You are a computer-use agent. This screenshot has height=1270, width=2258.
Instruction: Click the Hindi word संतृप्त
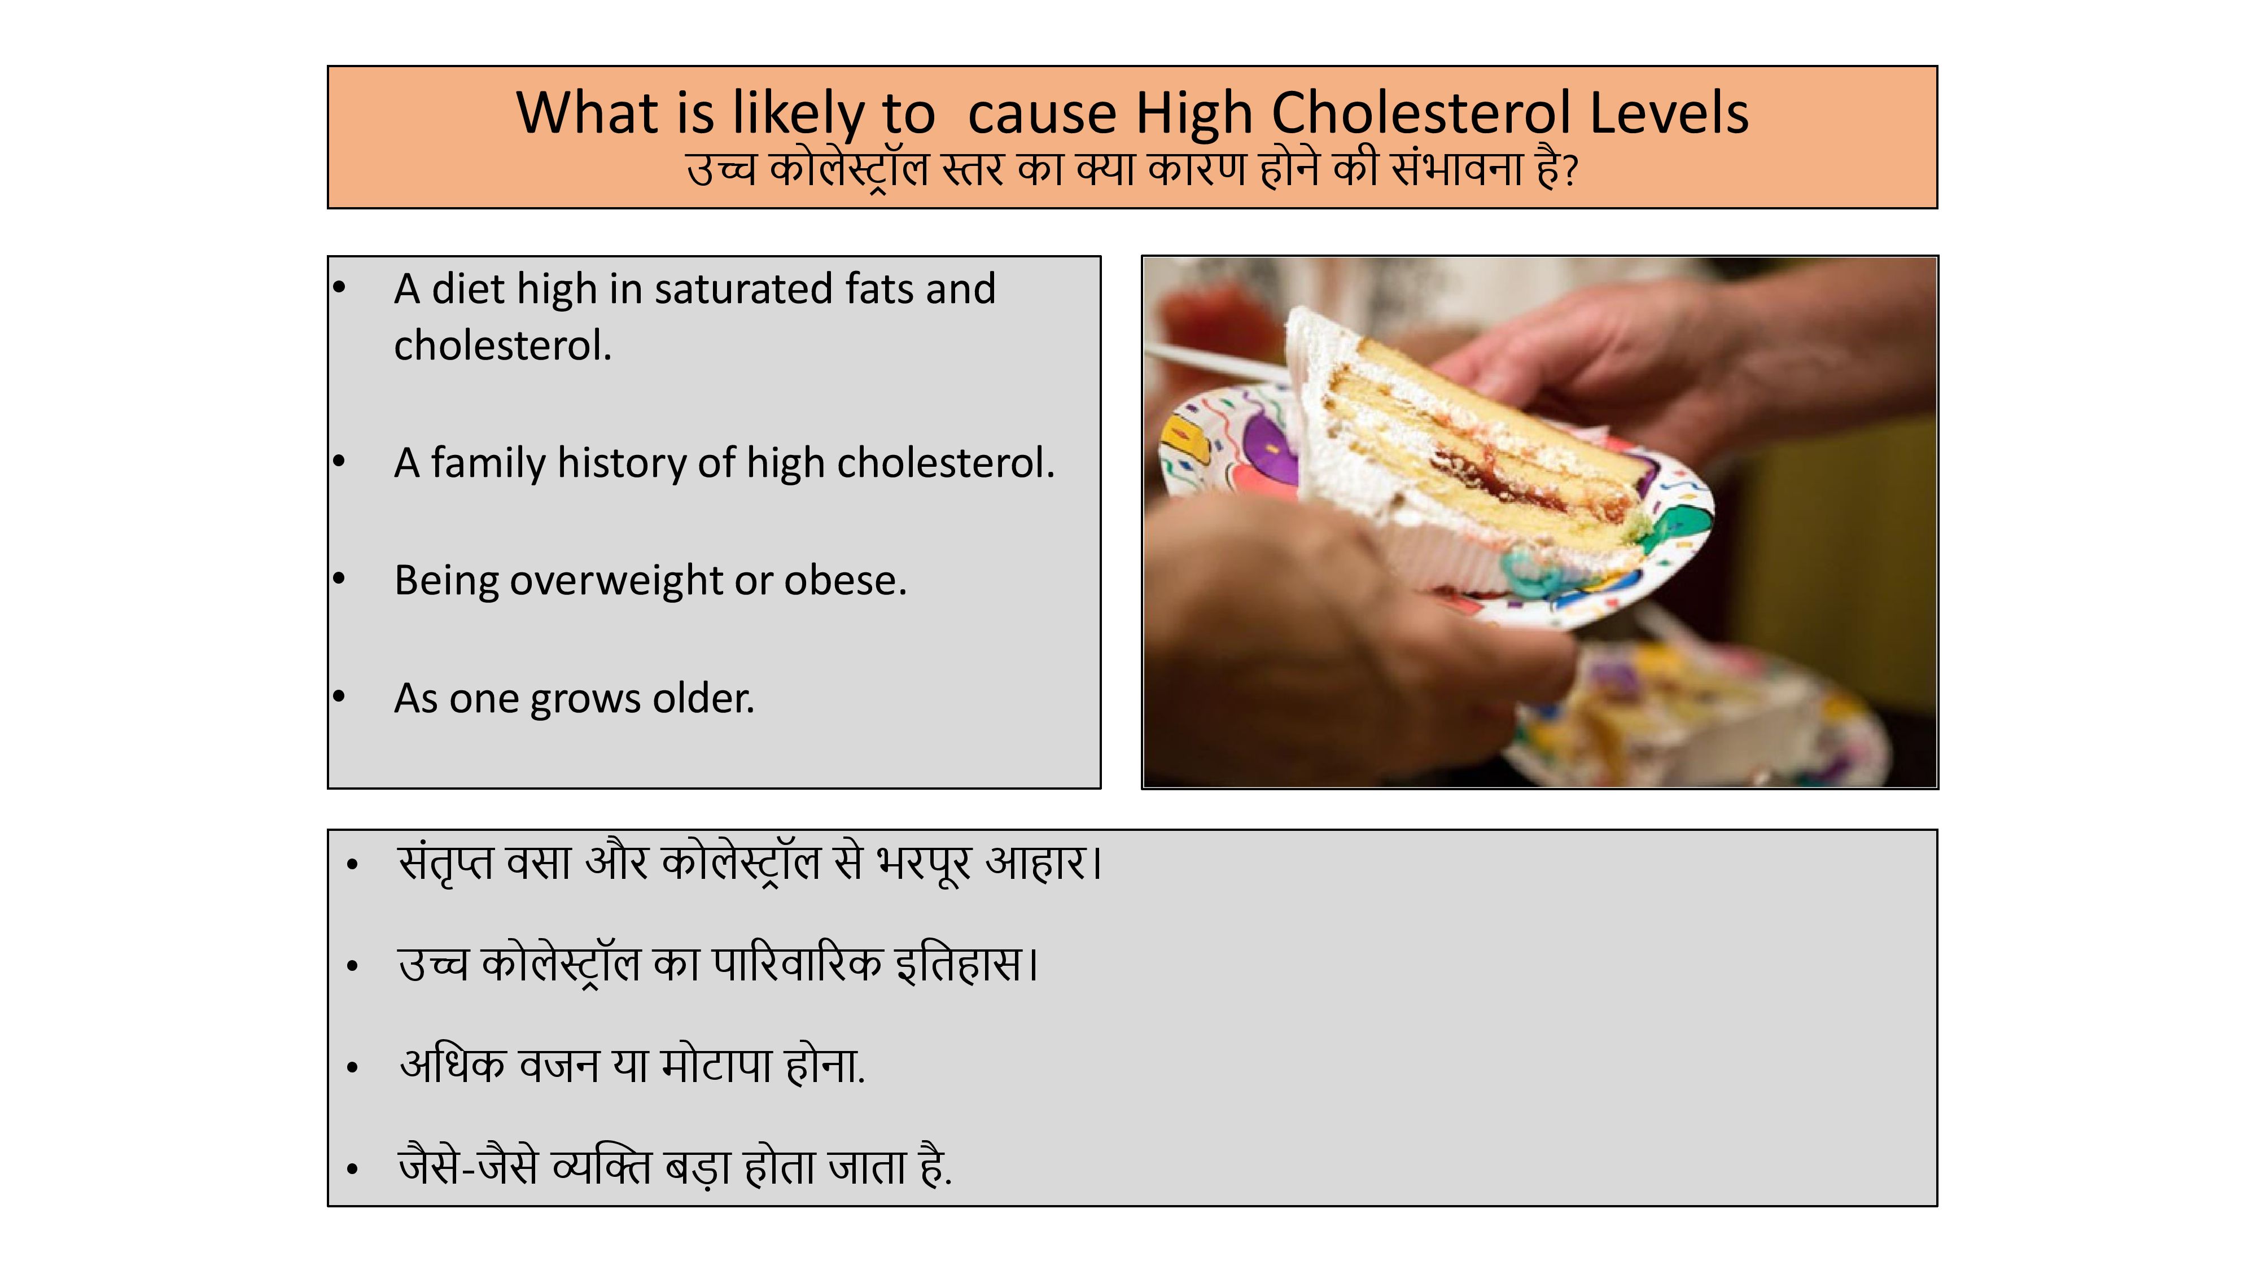click(x=446, y=864)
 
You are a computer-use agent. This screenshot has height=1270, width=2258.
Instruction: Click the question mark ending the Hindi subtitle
click(x=1570, y=172)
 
